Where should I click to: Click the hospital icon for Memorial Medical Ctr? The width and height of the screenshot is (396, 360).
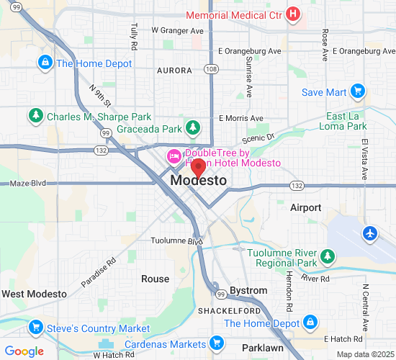point(293,14)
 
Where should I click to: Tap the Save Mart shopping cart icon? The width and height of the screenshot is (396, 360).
point(357,91)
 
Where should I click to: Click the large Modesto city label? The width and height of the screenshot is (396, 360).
point(199,181)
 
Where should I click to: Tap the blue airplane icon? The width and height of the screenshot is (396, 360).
point(370,234)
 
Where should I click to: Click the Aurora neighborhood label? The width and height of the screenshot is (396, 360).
point(174,71)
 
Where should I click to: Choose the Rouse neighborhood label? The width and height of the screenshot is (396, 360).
point(155,279)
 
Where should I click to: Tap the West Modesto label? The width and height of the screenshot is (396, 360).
point(34,294)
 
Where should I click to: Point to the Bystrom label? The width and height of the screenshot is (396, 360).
point(248,290)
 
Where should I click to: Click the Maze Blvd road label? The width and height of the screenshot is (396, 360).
point(27,184)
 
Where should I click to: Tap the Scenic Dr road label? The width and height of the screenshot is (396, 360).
point(259,137)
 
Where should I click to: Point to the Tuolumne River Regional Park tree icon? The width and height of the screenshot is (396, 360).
point(328,256)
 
